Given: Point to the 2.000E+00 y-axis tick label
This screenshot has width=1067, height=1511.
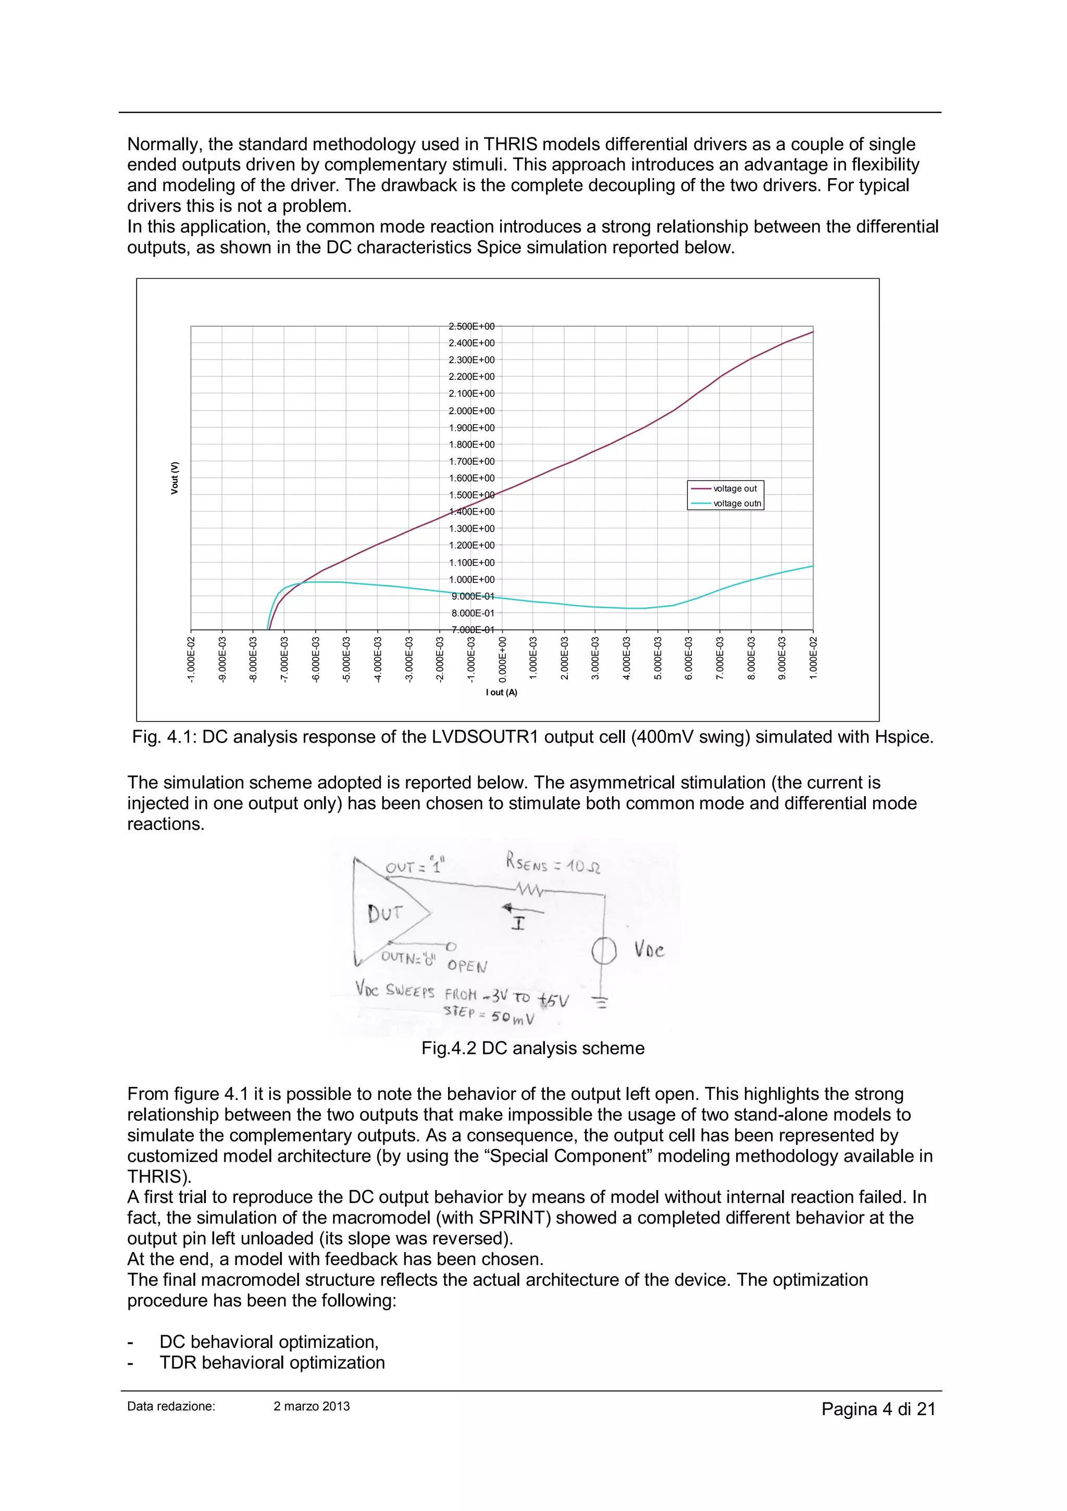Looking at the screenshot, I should [472, 411].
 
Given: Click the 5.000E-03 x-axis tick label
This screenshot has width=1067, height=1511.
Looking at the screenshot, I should [657, 658].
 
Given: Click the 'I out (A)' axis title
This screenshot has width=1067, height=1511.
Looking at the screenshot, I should [502, 692].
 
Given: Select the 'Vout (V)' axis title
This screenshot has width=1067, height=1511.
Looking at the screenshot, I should [175, 478].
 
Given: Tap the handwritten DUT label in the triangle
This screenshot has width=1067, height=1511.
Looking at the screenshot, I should [384, 913].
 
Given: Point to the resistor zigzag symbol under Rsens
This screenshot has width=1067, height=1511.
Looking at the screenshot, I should [529, 890].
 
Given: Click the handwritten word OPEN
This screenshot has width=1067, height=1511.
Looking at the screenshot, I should [467, 965].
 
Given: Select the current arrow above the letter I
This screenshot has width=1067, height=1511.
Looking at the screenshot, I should [523, 910].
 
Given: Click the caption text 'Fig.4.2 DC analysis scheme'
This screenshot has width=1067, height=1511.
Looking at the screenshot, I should [532, 1048].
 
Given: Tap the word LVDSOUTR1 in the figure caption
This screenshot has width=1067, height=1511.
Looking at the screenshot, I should [485, 737].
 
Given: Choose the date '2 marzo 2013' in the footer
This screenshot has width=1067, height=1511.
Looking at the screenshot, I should [312, 1406].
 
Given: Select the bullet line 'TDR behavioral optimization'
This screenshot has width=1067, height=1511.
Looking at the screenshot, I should [272, 1363].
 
